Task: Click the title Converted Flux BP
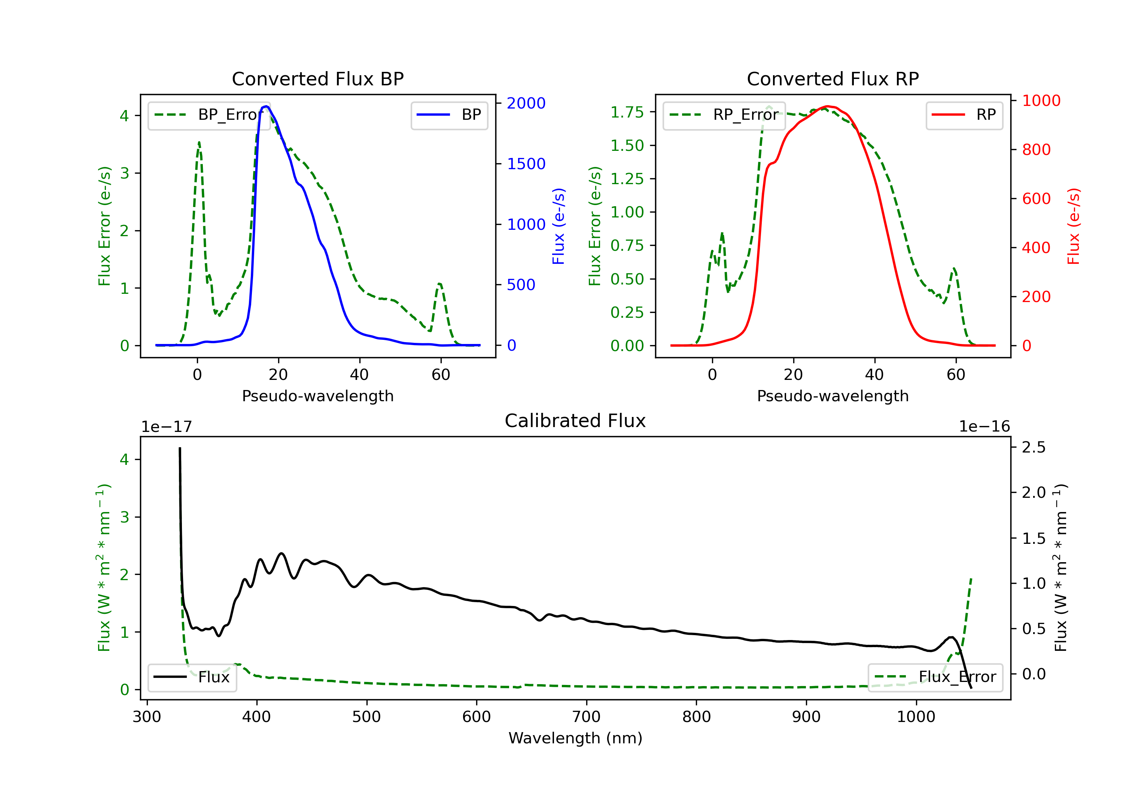(317, 79)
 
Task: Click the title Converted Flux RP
(833, 79)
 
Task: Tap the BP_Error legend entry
(209, 115)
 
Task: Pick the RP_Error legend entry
(724, 115)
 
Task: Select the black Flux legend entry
(192, 677)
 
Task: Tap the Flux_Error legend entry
(935, 677)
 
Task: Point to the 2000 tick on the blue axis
(526, 103)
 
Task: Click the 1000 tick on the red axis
(1041, 101)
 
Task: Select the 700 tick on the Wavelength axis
(586, 717)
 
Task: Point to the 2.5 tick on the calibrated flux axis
(1034, 447)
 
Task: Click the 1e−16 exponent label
(984, 427)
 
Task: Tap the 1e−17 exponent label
(166, 427)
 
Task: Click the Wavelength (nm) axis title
(575, 738)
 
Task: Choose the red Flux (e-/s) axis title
(1073, 226)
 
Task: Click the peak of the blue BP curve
(266, 106)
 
